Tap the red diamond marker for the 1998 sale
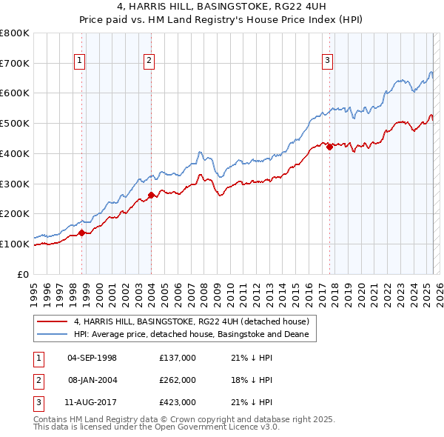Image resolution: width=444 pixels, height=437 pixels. tap(81, 233)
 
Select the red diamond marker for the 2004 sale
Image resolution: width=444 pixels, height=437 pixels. tap(151, 195)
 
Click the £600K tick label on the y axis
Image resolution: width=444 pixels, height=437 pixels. tap(15, 93)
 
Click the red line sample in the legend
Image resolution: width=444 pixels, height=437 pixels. tap(52, 321)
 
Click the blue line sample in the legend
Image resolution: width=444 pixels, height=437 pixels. tap(52, 335)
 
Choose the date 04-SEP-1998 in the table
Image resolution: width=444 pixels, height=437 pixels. tap(92, 358)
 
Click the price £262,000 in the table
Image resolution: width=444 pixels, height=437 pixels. tap(177, 380)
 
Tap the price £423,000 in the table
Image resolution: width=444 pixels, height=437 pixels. tap(177, 402)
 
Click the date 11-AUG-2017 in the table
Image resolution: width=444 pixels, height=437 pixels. tap(92, 402)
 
